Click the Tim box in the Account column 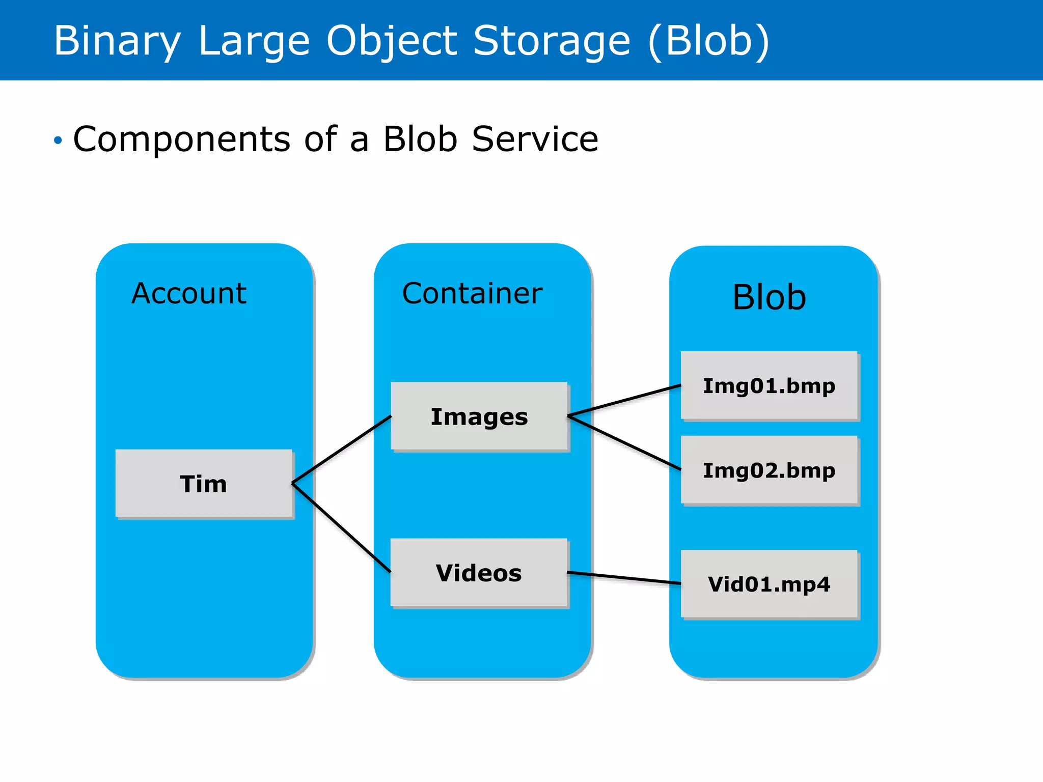coord(204,484)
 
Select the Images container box coord(479,416)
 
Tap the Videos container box coord(479,573)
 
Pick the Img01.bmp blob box coord(769,385)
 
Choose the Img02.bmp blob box coord(769,470)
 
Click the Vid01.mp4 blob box coord(769,584)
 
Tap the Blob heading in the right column coord(769,297)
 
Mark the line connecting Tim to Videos coord(341,527)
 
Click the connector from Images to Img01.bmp coord(624,401)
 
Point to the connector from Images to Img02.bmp coord(624,442)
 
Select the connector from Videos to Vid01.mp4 coord(624,578)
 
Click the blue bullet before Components coord(58,140)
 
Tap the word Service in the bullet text coord(535,139)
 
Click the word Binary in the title coord(117,41)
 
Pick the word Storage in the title coord(552,41)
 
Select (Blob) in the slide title coord(709,41)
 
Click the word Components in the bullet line coord(182,139)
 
